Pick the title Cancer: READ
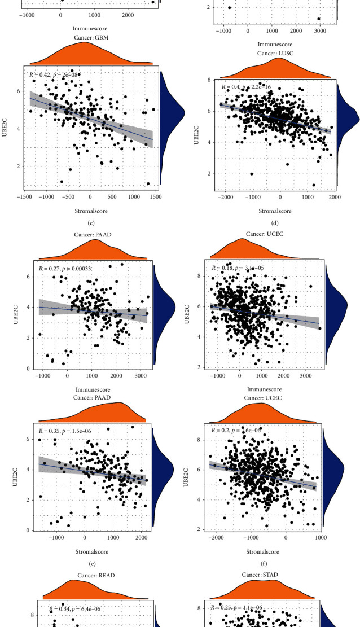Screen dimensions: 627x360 [x=90, y=576]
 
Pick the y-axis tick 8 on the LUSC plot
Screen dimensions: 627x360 [x=209, y=80]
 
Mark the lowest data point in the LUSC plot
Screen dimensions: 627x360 [x=314, y=185]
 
